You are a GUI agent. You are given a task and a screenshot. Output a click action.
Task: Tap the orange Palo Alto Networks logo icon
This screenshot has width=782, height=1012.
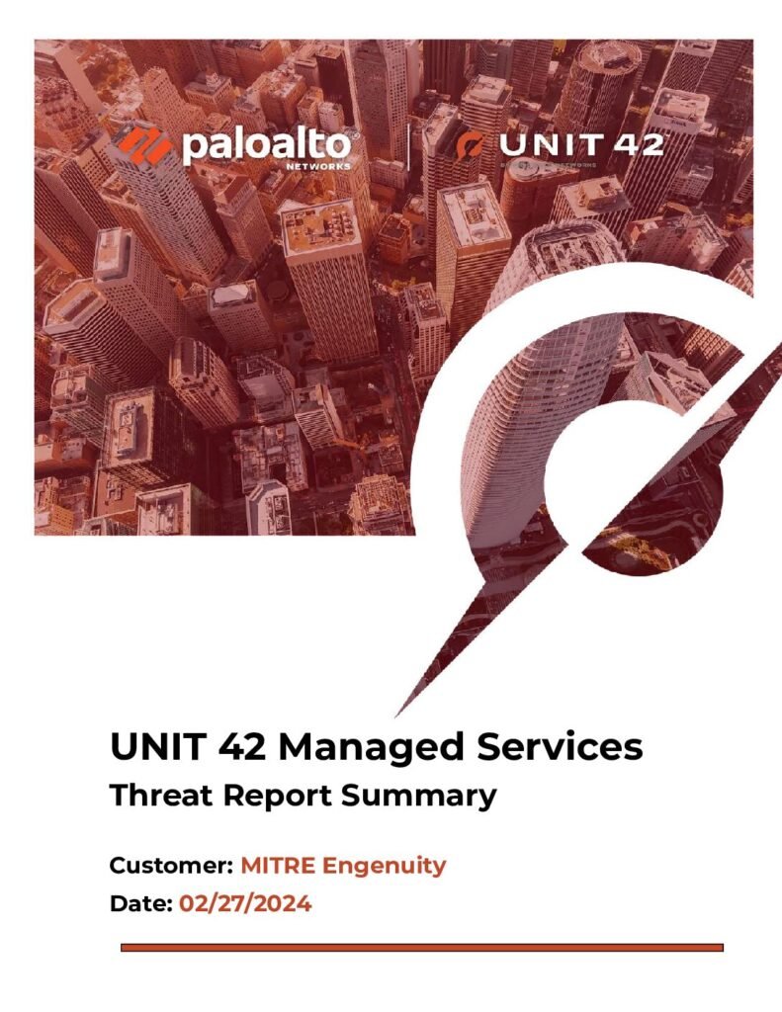pyautogui.click(x=144, y=145)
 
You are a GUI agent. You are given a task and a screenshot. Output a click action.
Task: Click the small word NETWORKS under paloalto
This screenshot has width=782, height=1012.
pyautogui.click(x=327, y=166)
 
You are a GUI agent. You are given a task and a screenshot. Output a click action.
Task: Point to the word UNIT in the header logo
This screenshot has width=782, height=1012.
pyautogui.click(x=551, y=144)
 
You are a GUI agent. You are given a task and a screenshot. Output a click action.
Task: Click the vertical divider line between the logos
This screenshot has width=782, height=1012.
pyautogui.click(x=408, y=147)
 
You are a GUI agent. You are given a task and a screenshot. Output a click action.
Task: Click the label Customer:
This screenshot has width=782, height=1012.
pyautogui.click(x=171, y=865)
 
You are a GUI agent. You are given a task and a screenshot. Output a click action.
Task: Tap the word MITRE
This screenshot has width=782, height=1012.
pyautogui.click(x=278, y=865)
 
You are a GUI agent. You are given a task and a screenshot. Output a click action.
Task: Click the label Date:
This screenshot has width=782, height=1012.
pyautogui.click(x=140, y=903)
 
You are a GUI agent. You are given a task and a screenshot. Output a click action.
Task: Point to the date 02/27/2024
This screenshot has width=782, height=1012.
pyautogui.click(x=245, y=903)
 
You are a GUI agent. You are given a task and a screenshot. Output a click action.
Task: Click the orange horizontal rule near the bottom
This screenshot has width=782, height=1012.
pyautogui.click(x=422, y=948)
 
